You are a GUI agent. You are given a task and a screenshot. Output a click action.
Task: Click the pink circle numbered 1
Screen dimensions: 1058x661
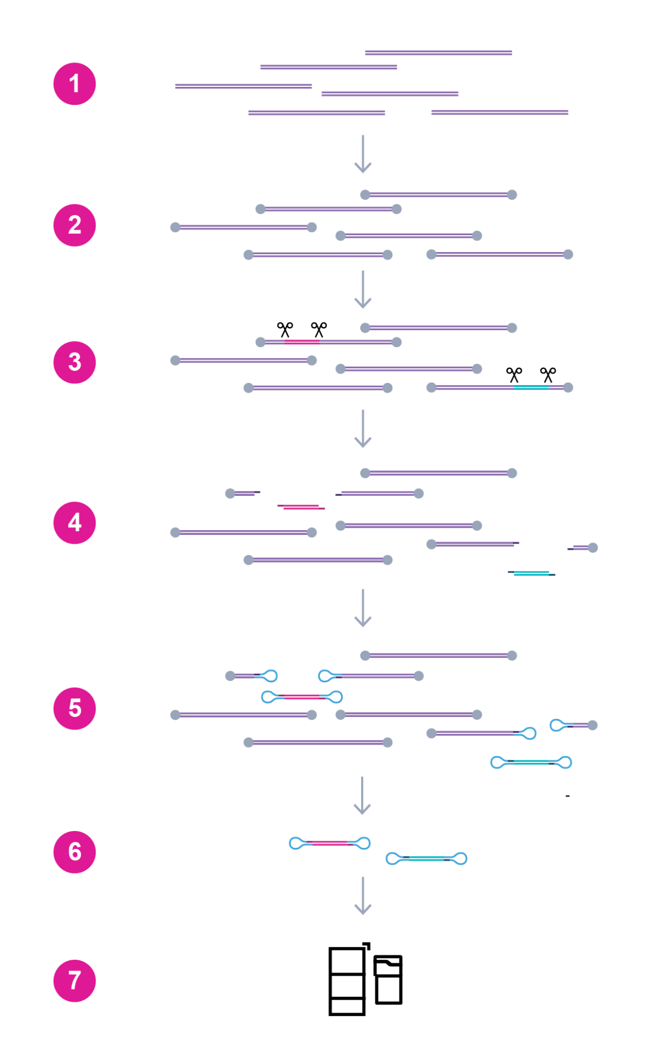74,84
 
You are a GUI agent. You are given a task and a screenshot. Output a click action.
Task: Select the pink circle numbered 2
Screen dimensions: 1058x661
74,225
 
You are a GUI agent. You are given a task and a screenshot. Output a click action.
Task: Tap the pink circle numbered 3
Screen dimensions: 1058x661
74,362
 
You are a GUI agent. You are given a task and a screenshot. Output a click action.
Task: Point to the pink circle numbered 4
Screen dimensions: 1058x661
74,522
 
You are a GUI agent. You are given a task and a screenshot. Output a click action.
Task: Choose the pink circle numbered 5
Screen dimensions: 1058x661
74,708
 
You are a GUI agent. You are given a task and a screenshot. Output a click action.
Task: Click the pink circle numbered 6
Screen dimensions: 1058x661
74,852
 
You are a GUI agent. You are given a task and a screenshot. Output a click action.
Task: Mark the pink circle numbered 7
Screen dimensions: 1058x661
74,981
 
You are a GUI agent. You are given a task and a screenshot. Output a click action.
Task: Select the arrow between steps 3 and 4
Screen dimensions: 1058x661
363,429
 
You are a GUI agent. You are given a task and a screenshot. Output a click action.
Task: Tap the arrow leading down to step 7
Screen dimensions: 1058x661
363,896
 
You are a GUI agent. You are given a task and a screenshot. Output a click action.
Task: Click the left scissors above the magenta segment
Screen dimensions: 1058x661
285,329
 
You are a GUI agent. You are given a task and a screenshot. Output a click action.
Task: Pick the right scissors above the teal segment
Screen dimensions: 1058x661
547,375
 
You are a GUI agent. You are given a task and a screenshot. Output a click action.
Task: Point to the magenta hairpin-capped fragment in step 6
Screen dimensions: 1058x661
330,843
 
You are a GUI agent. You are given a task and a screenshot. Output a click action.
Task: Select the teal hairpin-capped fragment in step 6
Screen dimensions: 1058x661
426,859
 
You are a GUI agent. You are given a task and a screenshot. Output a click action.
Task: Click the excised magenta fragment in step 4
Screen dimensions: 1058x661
301,507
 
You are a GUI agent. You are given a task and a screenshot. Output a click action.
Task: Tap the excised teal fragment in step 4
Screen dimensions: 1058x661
531,573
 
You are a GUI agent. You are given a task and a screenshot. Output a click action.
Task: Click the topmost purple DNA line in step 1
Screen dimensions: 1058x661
438,53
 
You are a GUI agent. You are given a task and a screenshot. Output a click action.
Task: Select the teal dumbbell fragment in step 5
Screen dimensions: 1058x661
531,763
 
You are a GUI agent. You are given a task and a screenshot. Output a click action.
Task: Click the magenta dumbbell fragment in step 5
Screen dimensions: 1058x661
302,697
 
